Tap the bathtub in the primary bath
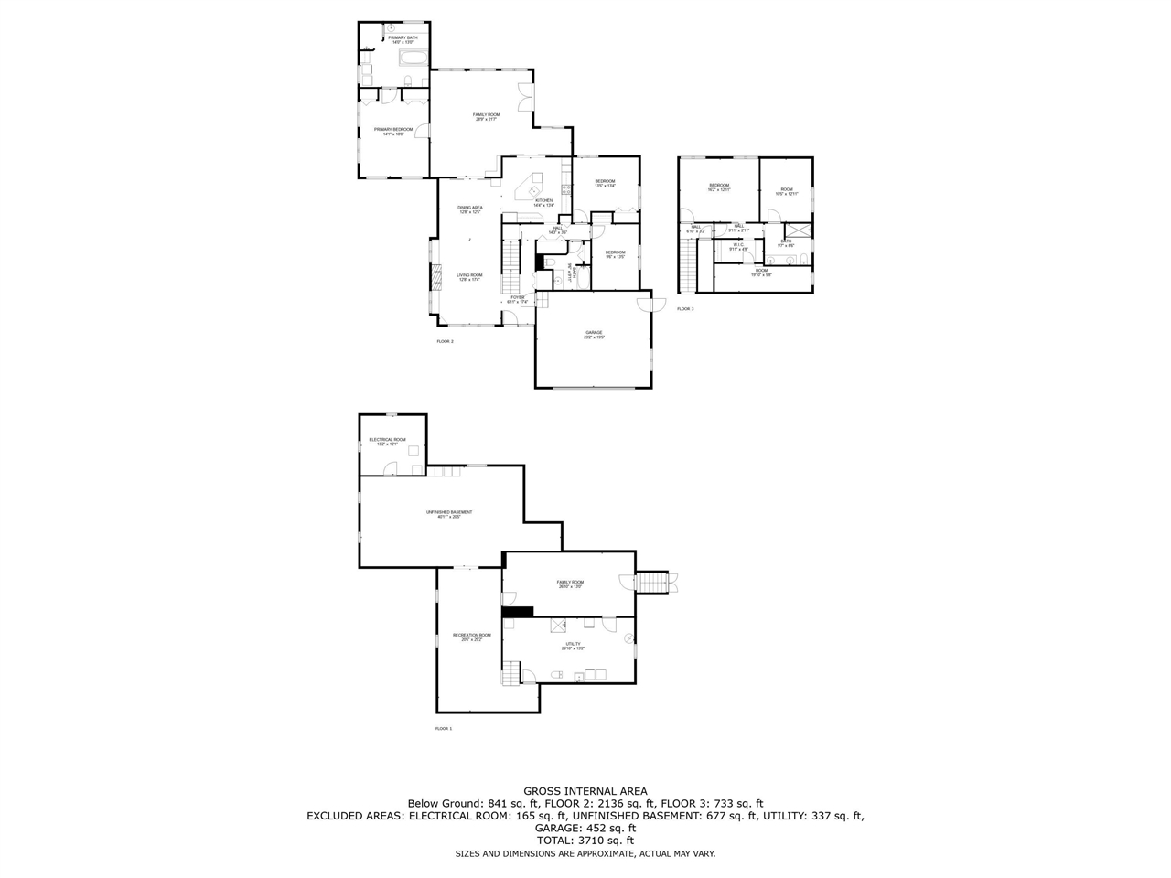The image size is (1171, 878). [412, 60]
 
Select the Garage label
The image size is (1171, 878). [594, 334]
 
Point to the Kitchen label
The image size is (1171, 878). [544, 202]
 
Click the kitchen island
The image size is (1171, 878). [530, 190]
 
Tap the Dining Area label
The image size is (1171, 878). [470, 209]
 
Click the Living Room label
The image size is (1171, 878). [470, 276]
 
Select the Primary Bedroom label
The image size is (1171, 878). [393, 131]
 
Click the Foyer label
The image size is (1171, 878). [518, 298]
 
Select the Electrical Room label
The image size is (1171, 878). [387, 441]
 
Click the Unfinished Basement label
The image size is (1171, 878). [449, 514]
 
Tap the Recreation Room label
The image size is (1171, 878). [471, 637]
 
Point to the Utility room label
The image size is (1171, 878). [573, 646]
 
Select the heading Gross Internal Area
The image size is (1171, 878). [585, 791]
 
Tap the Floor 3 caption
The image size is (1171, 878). [685, 309]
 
